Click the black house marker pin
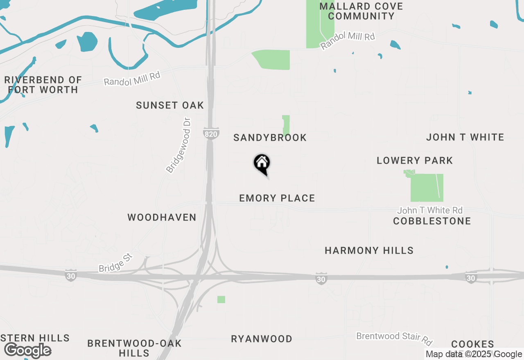(262, 164)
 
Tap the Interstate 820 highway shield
(211, 133)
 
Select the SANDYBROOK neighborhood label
(270, 137)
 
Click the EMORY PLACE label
(277, 198)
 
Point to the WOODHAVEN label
(162, 217)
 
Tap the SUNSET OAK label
(170, 105)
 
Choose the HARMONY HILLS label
(369, 250)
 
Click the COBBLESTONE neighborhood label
(432, 221)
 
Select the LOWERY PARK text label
(415, 160)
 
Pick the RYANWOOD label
(262, 339)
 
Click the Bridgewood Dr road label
(179, 145)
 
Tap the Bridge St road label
(116, 263)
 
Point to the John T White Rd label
(430, 210)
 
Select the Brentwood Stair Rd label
(394, 337)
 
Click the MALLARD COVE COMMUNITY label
(361, 11)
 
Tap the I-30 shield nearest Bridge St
(71, 276)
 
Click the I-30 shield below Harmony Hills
(321, 279)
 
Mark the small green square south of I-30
(221, 299)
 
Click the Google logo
(28, 350)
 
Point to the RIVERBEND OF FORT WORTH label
(43, 85)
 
